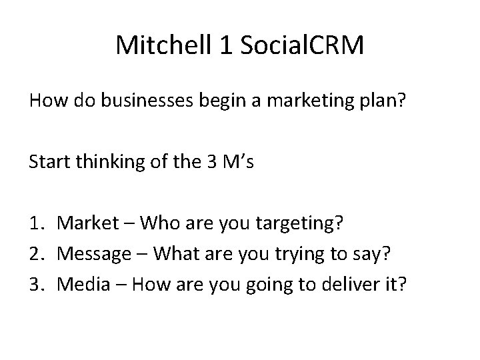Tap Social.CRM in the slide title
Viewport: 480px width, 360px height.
click(300, 45)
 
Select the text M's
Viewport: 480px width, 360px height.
click(237, 161)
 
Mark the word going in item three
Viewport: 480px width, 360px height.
click(268, 285)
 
